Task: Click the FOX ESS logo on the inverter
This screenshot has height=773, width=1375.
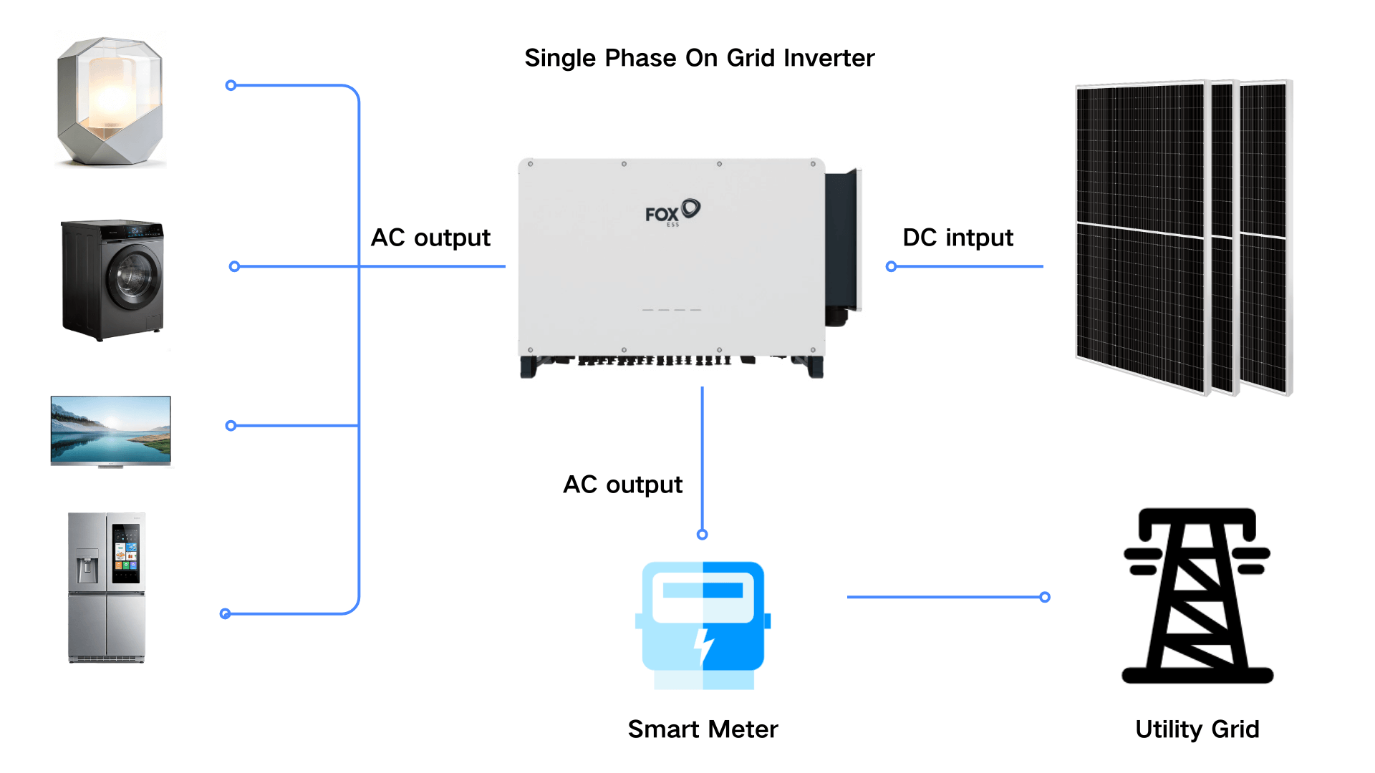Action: click(x=672, y=213)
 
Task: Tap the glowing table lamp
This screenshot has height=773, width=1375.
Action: click(x=110, y=102)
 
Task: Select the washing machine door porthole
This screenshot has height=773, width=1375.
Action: click(x=134, y=276)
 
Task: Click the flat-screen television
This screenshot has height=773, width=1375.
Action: click(x=111, y=430)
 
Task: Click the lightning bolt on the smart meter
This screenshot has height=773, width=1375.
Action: click(x=704, y=646)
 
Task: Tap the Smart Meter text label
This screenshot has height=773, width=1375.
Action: click(x=703, y=729)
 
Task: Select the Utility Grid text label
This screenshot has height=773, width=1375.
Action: click(x=1197, y=729)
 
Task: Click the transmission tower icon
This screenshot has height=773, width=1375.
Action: click(x=1197, y=595)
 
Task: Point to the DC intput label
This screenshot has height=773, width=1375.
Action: click(x=957, y=238)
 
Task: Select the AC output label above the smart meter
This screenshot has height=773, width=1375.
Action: click(x=622, y=485)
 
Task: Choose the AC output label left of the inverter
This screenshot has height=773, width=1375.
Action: click(x=430, y=238)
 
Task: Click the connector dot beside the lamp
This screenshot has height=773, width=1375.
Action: click(x=231, y=86)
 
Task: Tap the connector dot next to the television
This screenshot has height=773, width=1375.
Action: click(x=231, y=426)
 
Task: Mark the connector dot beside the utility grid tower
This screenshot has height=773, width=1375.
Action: click(x=1045, y=597)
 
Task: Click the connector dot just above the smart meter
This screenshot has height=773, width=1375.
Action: click(x=703, y=535)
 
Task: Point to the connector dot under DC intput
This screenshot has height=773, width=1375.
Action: click(x=891, y=267)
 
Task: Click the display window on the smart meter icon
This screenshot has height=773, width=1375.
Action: click(x=703, y=590)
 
